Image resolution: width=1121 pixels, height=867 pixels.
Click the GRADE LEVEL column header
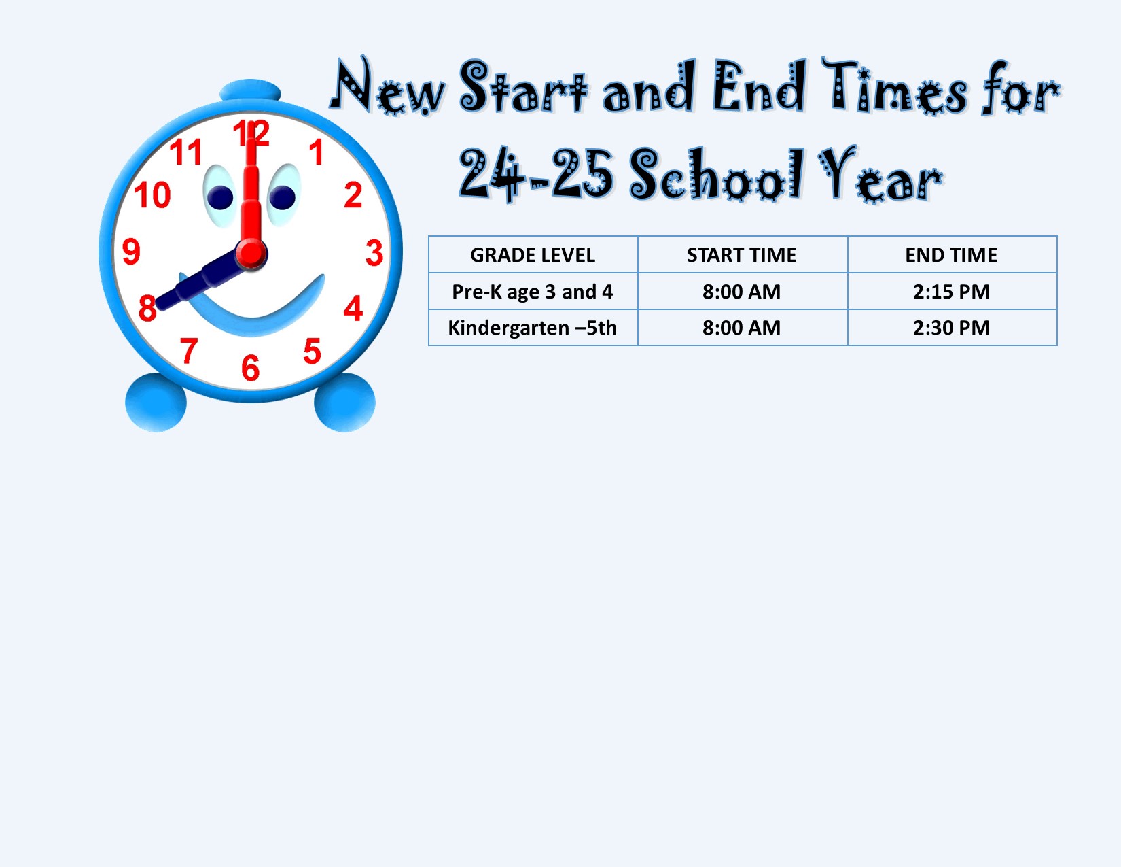[x=533, y=255]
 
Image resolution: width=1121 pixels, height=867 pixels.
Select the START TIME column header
[x=741, y=255]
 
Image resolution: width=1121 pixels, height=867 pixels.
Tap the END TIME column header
[x=951, y=255]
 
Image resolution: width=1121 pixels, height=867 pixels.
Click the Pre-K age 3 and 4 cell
[x=533, y=292]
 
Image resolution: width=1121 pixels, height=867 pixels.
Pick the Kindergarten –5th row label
[x=533, y=328]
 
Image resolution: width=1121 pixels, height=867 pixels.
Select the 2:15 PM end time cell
[x=951, y=292]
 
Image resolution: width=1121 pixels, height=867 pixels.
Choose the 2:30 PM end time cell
[x=951, y=328]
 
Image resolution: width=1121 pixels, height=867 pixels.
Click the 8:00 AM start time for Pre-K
[x=741, y=292]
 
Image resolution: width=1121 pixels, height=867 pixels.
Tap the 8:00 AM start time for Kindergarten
[x=741, y=328]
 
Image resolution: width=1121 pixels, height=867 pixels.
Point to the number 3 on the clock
[x=374, y=252]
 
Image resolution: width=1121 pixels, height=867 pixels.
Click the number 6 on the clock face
[x=251, y=368]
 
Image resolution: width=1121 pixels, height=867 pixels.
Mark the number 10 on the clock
[x=152, y=195]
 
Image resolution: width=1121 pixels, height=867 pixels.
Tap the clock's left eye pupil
[x=220, y=198]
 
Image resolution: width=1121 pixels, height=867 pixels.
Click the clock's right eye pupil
[x=282, y=197]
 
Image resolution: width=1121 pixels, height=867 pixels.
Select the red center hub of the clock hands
[x=251, y=254]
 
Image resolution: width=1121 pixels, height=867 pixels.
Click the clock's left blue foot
[x=156, y=403]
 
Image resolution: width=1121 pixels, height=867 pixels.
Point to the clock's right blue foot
[x=344, y=403]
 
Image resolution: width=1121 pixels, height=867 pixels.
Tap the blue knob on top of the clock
[x=250, y=90]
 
